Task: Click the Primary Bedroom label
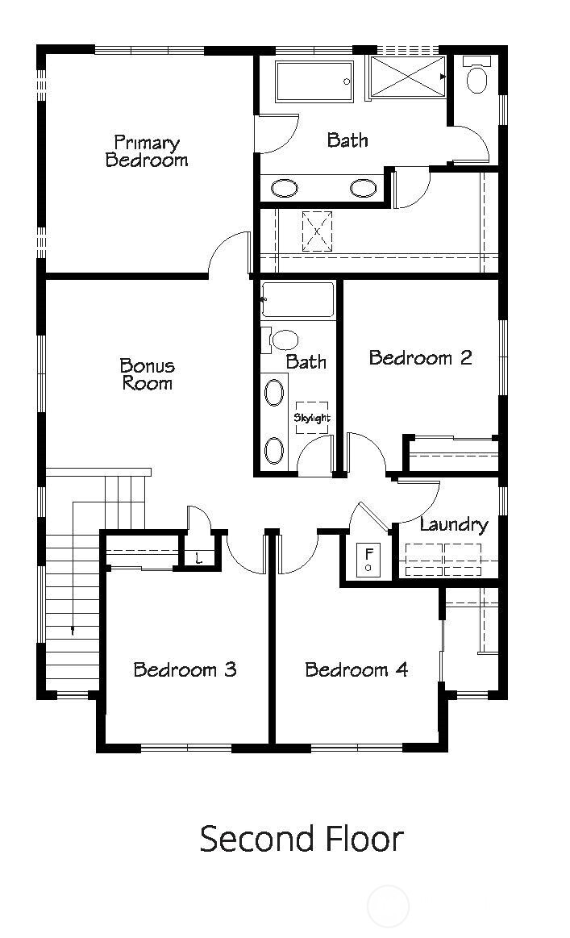pos(147,152)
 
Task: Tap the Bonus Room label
pos(148,374)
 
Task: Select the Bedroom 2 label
pos(420,357)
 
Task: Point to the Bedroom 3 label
pos(185,669)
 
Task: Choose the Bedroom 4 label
pos(356,669)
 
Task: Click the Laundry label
pos(454,525)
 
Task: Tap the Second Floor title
pos(301,839)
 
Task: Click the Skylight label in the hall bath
pos(312,418)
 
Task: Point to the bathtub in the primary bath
pos(314,81)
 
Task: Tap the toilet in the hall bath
pos(282,339)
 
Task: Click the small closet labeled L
pos(199,558)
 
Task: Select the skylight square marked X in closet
pos(317,231)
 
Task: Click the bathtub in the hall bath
pos(297,299)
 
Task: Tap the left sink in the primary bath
pos(284,189)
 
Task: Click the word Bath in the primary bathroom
pos(347,140)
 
